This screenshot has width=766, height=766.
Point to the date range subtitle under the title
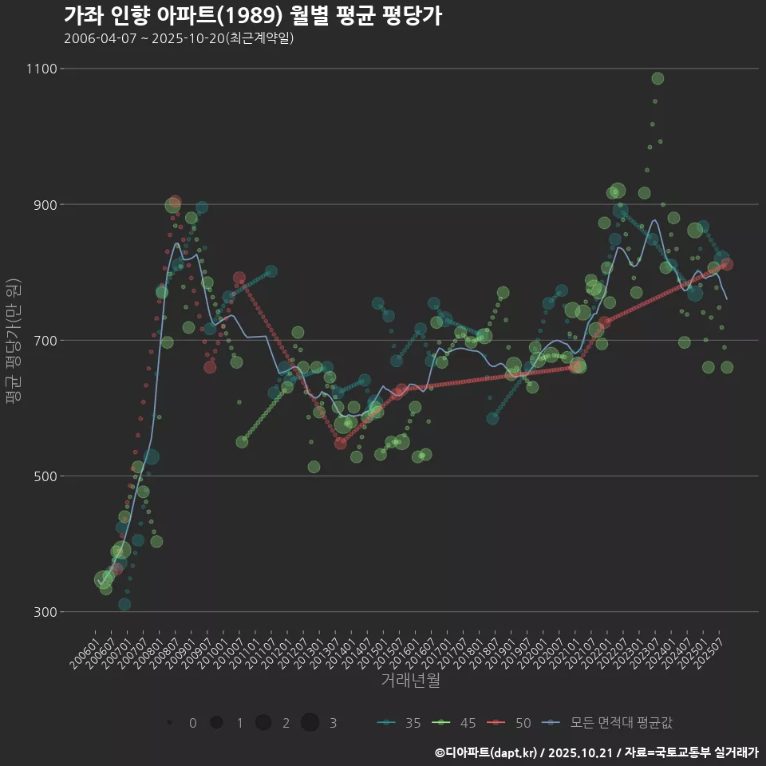tap(179, 38)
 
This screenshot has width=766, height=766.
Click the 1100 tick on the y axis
tap(41, 69)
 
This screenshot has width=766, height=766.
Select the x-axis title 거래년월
tap(410, 680)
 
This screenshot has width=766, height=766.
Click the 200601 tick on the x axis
tap(83, 650)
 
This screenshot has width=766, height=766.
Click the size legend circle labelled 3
tap(310, 723)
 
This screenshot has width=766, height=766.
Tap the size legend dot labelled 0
tap(169, 723)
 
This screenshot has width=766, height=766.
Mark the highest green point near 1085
tap(657, 78)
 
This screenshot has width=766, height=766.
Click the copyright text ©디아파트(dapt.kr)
tap(488, 752)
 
